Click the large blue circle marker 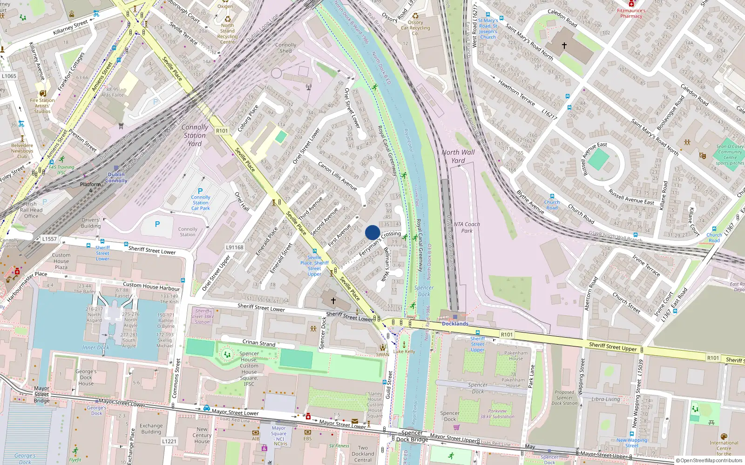(372, 232)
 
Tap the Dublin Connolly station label (116, 178)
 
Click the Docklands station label (455, 324)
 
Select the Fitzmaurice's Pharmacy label (631, 13)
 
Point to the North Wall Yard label (458, 156)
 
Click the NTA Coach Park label (467, 227)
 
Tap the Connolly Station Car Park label (201, 203)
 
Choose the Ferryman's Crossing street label (379, 243)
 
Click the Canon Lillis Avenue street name (337, 176)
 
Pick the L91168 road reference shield (235, 247)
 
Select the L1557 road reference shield (49, 239)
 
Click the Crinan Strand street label (259, 343)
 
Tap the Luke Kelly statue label (404, 351)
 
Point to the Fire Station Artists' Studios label (42, 106)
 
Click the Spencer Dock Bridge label (412, 436)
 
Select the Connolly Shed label (285, 48)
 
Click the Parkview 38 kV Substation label (497, 414)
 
